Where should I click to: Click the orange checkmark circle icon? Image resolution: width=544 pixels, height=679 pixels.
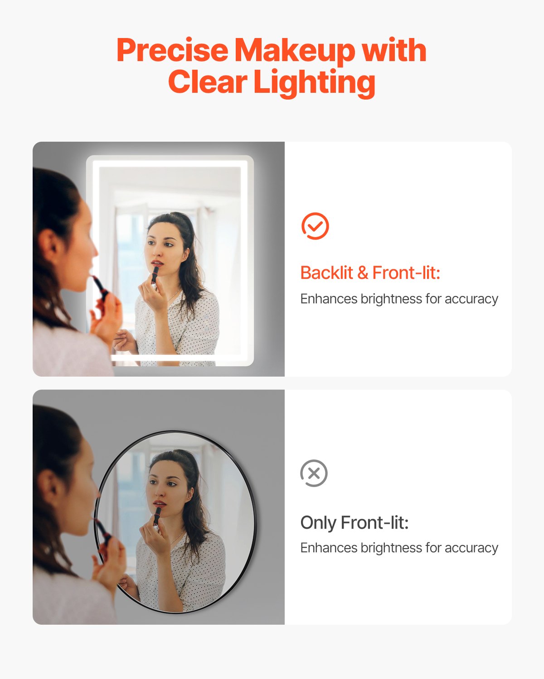(x=315, y=226)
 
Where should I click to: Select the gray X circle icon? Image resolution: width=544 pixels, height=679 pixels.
(x=314, y=473)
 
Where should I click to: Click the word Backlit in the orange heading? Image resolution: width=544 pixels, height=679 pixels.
(x=326, y=273)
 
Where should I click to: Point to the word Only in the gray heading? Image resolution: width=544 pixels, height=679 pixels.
(x=318, y=523)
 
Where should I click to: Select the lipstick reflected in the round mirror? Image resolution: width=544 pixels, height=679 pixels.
(x=157, y=516)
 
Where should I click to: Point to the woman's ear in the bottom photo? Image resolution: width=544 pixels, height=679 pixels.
(x=49, y=487)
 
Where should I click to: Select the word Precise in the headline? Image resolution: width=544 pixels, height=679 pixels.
(x=172, y=50)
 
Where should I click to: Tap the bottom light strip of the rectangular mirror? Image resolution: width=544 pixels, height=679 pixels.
(x=181, y=358)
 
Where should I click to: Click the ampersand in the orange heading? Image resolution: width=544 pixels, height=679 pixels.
(x=363, y=273)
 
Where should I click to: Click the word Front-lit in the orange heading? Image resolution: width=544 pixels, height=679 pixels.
(x=406, y=273)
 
